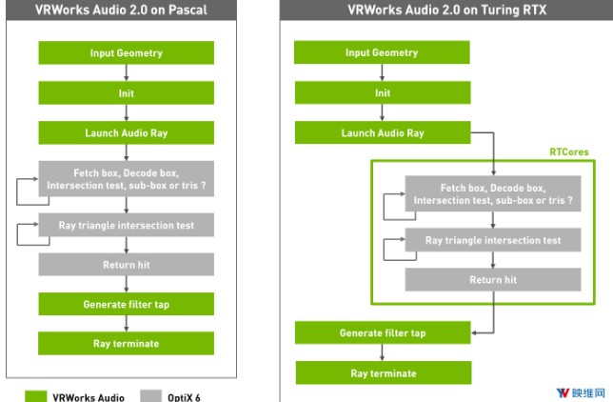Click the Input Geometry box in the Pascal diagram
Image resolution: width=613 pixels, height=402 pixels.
tap(127, 52)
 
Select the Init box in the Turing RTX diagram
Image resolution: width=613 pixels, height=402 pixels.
tap(382, 93)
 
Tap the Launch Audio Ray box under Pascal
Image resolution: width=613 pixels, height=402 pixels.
tap(127, 132)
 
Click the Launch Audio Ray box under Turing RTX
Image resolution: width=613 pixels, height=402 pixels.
tap(382, 133)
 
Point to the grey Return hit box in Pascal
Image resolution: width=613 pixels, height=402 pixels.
tap(127, 264)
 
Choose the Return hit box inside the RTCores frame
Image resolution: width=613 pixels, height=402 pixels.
tap(492, 279)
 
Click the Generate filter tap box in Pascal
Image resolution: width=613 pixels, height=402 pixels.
tap(127, 304)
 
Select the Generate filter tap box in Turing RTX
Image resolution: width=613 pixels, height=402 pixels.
tap(382, 332)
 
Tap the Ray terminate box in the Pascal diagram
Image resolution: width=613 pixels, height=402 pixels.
tap(127, 343)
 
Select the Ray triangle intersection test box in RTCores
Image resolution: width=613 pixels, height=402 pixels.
tap(492, 241)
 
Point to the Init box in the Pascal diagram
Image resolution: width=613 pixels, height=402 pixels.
tap(127, 92)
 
